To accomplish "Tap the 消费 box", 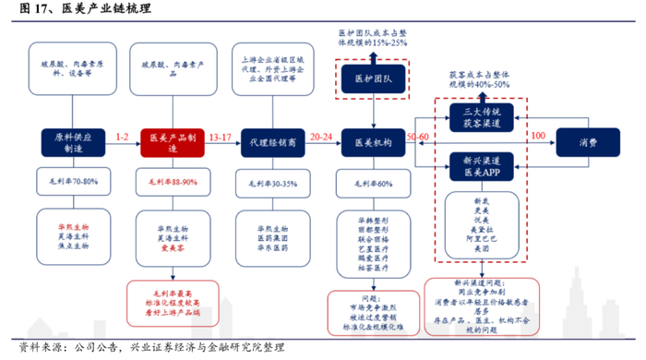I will pyautogui.click(x=587, y=142).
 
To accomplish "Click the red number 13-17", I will pyautogui.click(x=221, y=136).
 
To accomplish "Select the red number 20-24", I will pyautogui.click(x=321, y=136).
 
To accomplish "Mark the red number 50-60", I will pyautogui.click(x=418, y=136).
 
